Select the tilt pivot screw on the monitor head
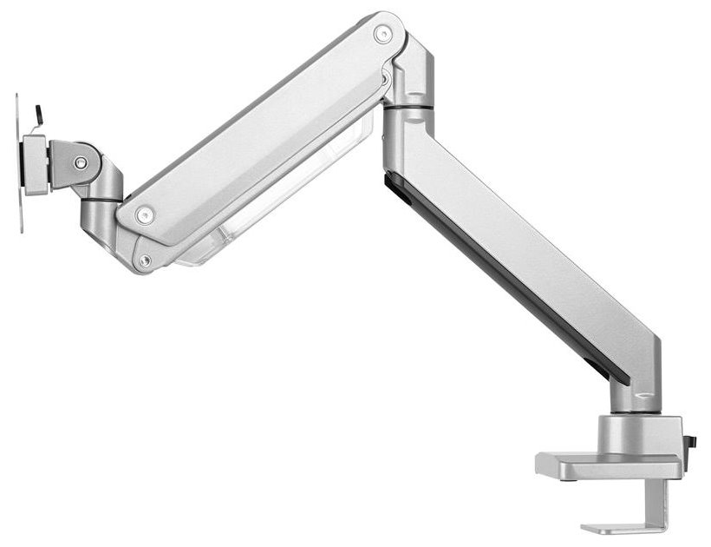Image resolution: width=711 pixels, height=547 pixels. pos(81,162)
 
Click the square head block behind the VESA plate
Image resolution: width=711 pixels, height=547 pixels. pos(36,164)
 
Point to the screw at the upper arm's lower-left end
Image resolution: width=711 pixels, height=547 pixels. pos(145,212)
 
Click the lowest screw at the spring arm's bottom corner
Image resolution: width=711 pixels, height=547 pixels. pos(145,260)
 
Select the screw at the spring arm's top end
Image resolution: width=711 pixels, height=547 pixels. pos(382,33)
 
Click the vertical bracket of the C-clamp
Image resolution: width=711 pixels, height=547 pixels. pos(663,504)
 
